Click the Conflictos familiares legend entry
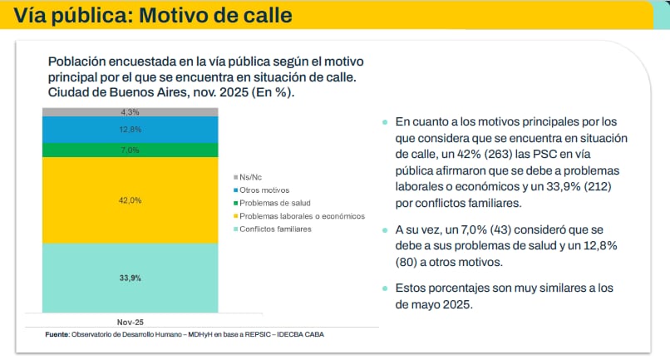(x=278, y=229)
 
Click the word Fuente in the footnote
(x=57, y=334)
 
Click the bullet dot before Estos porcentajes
(x=385, y=288)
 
